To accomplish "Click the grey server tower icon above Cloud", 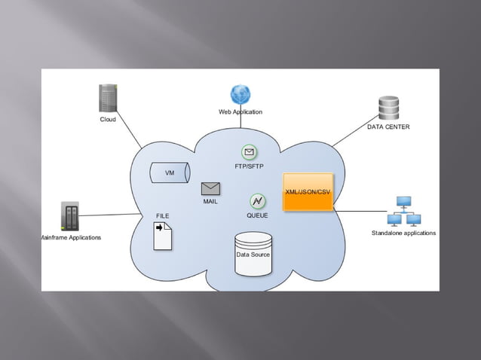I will (110, 99).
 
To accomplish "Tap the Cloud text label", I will (108, 119).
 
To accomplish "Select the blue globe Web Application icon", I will (240, 95).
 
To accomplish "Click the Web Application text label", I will (240, 111).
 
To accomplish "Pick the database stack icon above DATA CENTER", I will (389, 108).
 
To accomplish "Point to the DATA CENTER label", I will (388, 127).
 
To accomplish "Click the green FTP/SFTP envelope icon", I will (250, 153).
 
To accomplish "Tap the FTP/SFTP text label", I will (250, 166).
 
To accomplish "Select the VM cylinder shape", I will (170, 172).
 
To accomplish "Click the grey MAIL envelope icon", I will (210, 189).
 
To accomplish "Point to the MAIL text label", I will (210, 202).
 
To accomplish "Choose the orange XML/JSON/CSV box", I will (308, 192).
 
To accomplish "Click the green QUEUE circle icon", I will (258, 201).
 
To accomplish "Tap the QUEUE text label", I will (257, 215).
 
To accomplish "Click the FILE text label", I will (163, 215).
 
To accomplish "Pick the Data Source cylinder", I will (253, 255).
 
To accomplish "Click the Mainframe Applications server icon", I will (70, 216).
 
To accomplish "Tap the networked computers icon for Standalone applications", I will (403, 212).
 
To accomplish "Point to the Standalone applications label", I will (403, 233).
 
